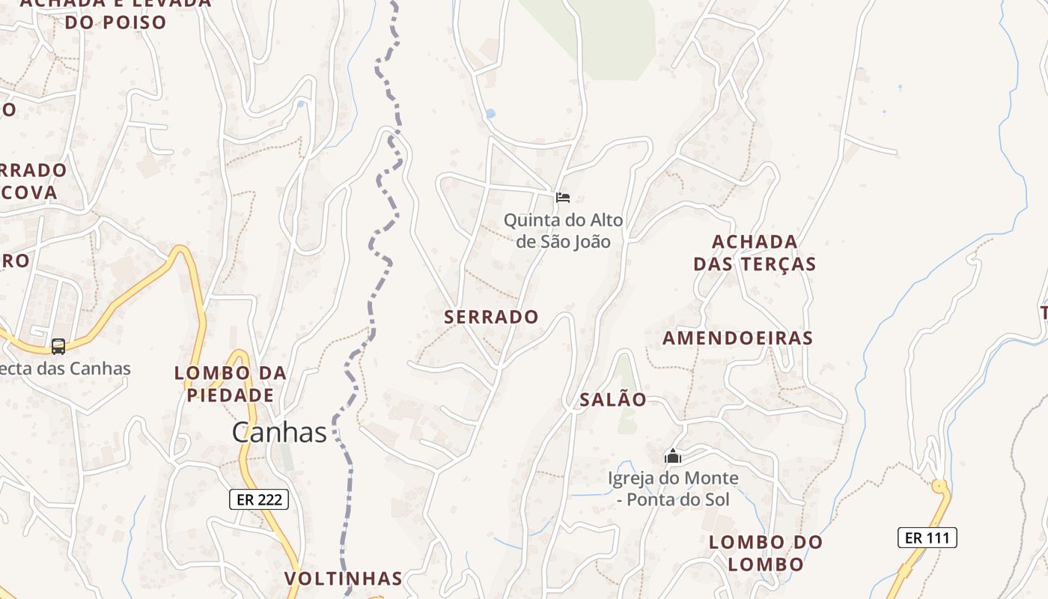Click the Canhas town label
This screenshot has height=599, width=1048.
pos(279,432)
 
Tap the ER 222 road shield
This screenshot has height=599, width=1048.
pos(258,499)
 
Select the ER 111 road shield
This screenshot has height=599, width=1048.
pos(927,537)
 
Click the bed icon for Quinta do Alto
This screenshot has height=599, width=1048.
pos(563,198)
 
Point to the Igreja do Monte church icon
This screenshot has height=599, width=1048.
pos(673,456)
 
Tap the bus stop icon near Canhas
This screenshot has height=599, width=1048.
pos(58,347)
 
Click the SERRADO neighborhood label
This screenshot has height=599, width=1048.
pos(491,317)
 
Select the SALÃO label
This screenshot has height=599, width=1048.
pos(613,400)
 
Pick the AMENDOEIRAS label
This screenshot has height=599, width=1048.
pos(737,338)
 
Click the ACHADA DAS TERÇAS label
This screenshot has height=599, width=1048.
pos(755,253)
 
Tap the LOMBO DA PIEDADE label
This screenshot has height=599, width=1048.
pos(231,383)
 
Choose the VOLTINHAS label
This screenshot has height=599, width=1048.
pos(344,578)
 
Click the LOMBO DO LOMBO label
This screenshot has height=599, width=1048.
pos(765,553)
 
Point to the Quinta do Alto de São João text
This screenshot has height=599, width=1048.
pos(563,231)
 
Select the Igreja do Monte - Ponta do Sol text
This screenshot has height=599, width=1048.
pos(673,488)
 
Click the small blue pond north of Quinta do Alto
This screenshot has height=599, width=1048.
pos(490,114)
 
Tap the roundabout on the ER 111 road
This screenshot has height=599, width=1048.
pos(939,486)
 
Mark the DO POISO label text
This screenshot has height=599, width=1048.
pos(115,22)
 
